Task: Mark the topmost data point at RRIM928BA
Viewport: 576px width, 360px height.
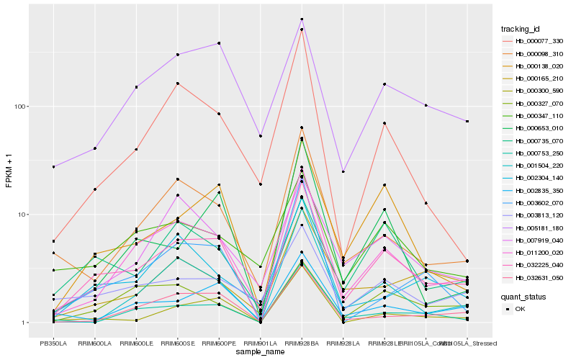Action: pyautogui.click(x=302, y=19)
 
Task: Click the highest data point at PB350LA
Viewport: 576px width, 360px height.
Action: pyautogui.click(x=53, y=166)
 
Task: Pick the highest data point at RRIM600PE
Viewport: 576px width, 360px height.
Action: pyautogui.click(x=219, y=43)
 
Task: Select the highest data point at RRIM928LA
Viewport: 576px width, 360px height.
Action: pyautogui.click(x=343, y=172)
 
